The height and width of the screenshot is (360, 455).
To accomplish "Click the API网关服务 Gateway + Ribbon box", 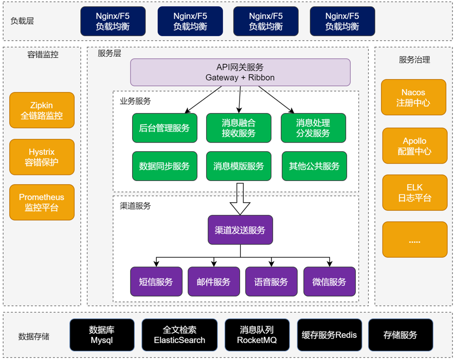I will tap(240, 72).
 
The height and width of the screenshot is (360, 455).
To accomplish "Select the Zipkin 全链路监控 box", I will tap(42, 111).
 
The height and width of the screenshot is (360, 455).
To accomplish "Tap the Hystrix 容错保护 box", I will tap(42, 157).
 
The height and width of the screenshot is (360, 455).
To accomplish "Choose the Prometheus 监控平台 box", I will tap(42, 203).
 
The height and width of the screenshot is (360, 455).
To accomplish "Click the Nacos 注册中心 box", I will tap(413, 97).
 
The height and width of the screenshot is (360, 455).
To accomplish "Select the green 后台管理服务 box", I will tap(165, 128).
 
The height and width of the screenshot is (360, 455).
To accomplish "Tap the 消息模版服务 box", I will tap(239, 166).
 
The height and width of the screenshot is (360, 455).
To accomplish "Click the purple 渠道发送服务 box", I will tap(240, 230).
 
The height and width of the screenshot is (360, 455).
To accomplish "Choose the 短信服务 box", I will tap(156, 281).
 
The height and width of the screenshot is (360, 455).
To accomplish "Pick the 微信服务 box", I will tap(329, 281).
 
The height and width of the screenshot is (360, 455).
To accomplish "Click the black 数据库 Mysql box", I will tap(102, 335).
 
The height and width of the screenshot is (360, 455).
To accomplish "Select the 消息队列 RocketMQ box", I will tap(257, 335).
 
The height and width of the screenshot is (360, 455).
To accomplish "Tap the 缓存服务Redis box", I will tap(329, 335).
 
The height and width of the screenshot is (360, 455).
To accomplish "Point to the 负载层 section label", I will tap(22, 21).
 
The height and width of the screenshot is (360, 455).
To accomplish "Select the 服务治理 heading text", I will tap(414, 60).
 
